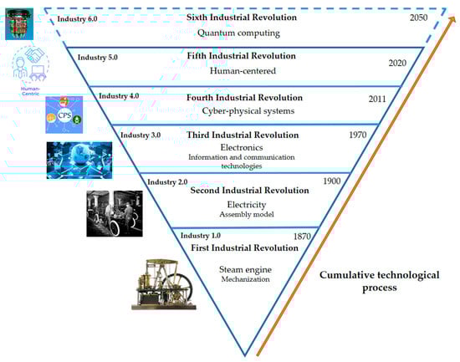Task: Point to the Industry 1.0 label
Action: click(x=198, y=235)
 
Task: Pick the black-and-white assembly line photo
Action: click(x=118, y=213)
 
